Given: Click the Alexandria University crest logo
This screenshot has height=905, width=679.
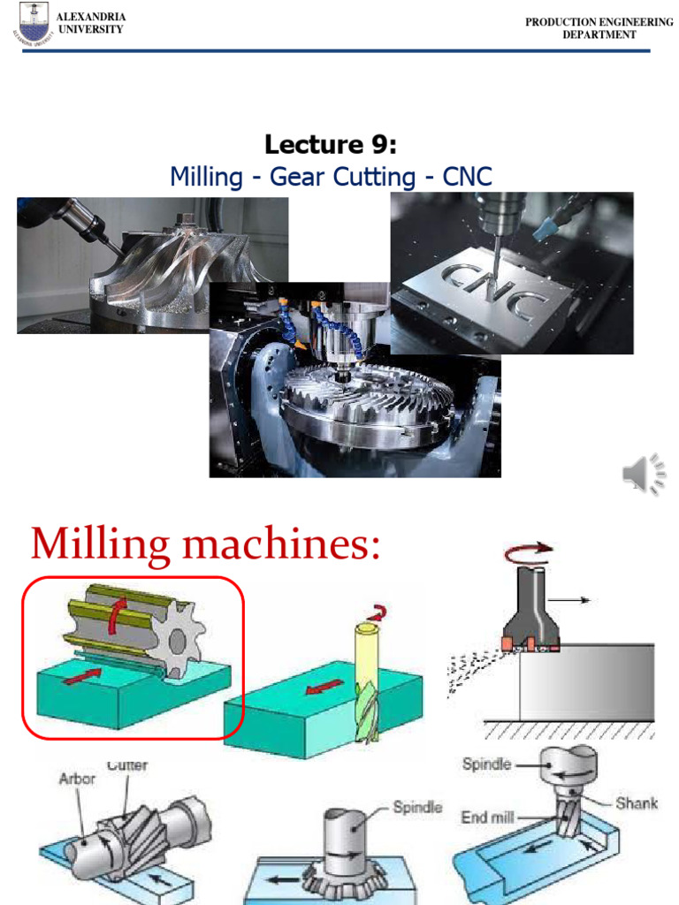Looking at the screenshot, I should [28, 23].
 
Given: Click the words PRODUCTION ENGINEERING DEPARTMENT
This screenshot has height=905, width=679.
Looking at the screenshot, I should [599, 28].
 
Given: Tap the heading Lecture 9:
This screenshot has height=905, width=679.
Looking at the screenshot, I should [331, 144].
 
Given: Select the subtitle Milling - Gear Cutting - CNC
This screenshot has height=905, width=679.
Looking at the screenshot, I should [331, 177].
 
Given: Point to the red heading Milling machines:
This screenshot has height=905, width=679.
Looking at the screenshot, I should [205, 543].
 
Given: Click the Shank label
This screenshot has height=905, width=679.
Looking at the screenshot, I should [637, 802].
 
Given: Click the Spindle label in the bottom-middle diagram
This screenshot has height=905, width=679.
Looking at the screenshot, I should [417, 807].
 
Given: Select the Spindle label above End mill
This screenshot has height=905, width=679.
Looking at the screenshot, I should [486, 764].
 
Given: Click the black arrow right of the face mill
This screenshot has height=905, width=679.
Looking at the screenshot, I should [575, 600].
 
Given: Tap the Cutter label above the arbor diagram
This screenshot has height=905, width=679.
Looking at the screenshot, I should [126, 765].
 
